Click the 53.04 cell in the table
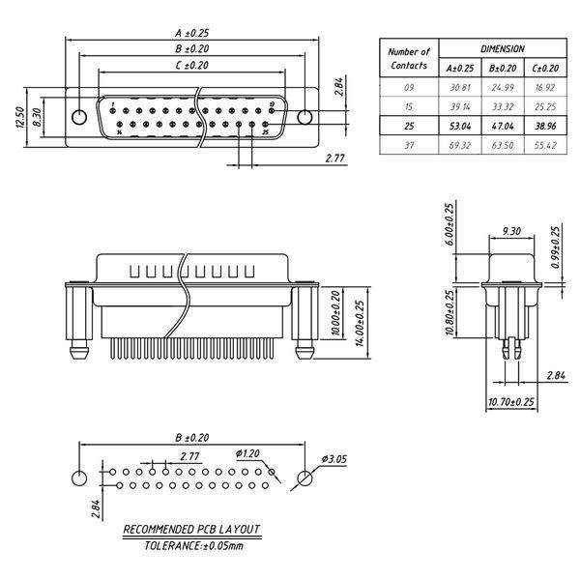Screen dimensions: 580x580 pyautogui.click(x=460, y=126)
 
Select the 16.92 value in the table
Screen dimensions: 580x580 pyautogui.click(x=545, y=88)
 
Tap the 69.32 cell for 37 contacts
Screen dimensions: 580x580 pyautogui.click(x=460, y=145)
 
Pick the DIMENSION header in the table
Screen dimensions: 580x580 pyautogui.click(x=503, y=49)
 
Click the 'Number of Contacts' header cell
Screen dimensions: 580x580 pyautogui.click(x=409, y=58)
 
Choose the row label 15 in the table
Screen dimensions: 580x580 pyautogui.click(x=409, y=107)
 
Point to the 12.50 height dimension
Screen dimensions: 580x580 pyautogui.click(x=20, y=117)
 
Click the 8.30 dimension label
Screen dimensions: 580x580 pyautogui.click(x=37, y=117)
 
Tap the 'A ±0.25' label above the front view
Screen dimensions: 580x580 pyautogui.click(x=192, y=33)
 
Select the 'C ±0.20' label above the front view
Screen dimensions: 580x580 pyautogui.click(x=192, y=66)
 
